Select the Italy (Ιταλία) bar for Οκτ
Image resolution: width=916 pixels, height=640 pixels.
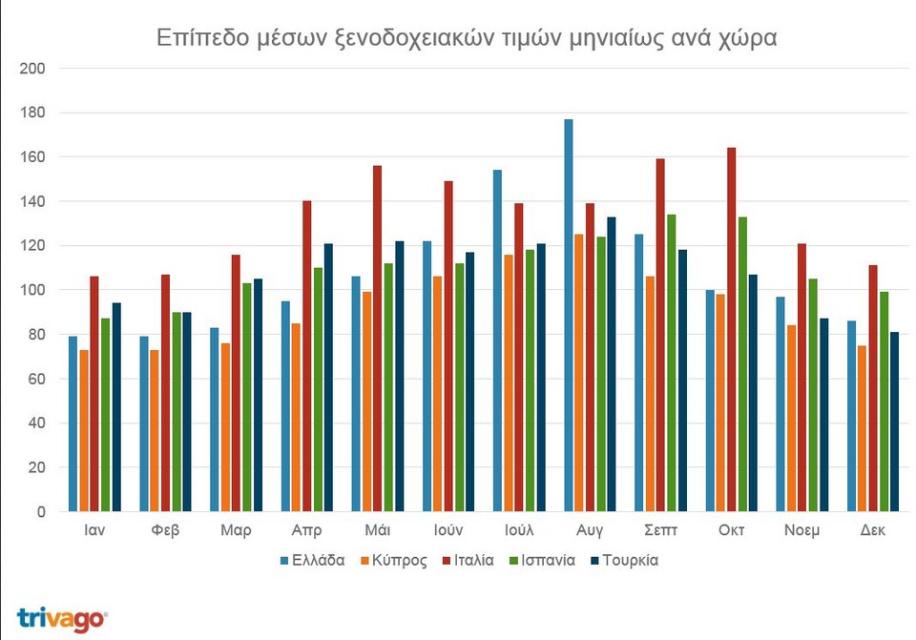click(732, 329)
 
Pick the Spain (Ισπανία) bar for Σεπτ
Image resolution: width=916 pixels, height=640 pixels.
click(672, 362)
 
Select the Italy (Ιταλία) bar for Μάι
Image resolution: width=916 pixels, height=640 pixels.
click(378, 338)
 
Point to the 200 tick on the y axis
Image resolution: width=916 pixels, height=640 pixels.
click(33, 69)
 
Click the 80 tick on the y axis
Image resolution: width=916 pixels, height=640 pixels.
click(37, 335)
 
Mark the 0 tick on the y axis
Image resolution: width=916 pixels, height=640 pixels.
click(41, 512)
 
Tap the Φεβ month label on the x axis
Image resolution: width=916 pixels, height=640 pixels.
click(165, 530)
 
